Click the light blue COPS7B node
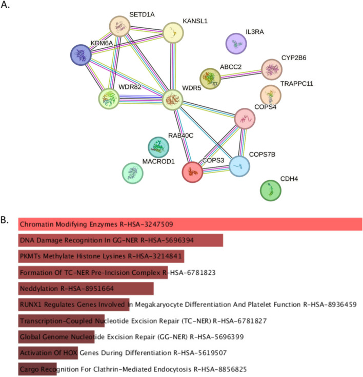coord(239,165)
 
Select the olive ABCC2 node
coord(210,79)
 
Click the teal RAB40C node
coord(158,147)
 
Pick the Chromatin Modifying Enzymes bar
coord(190,224)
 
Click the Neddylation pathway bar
coord(86,289)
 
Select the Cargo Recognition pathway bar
coord(37,369)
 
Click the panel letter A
coord(6,7)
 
